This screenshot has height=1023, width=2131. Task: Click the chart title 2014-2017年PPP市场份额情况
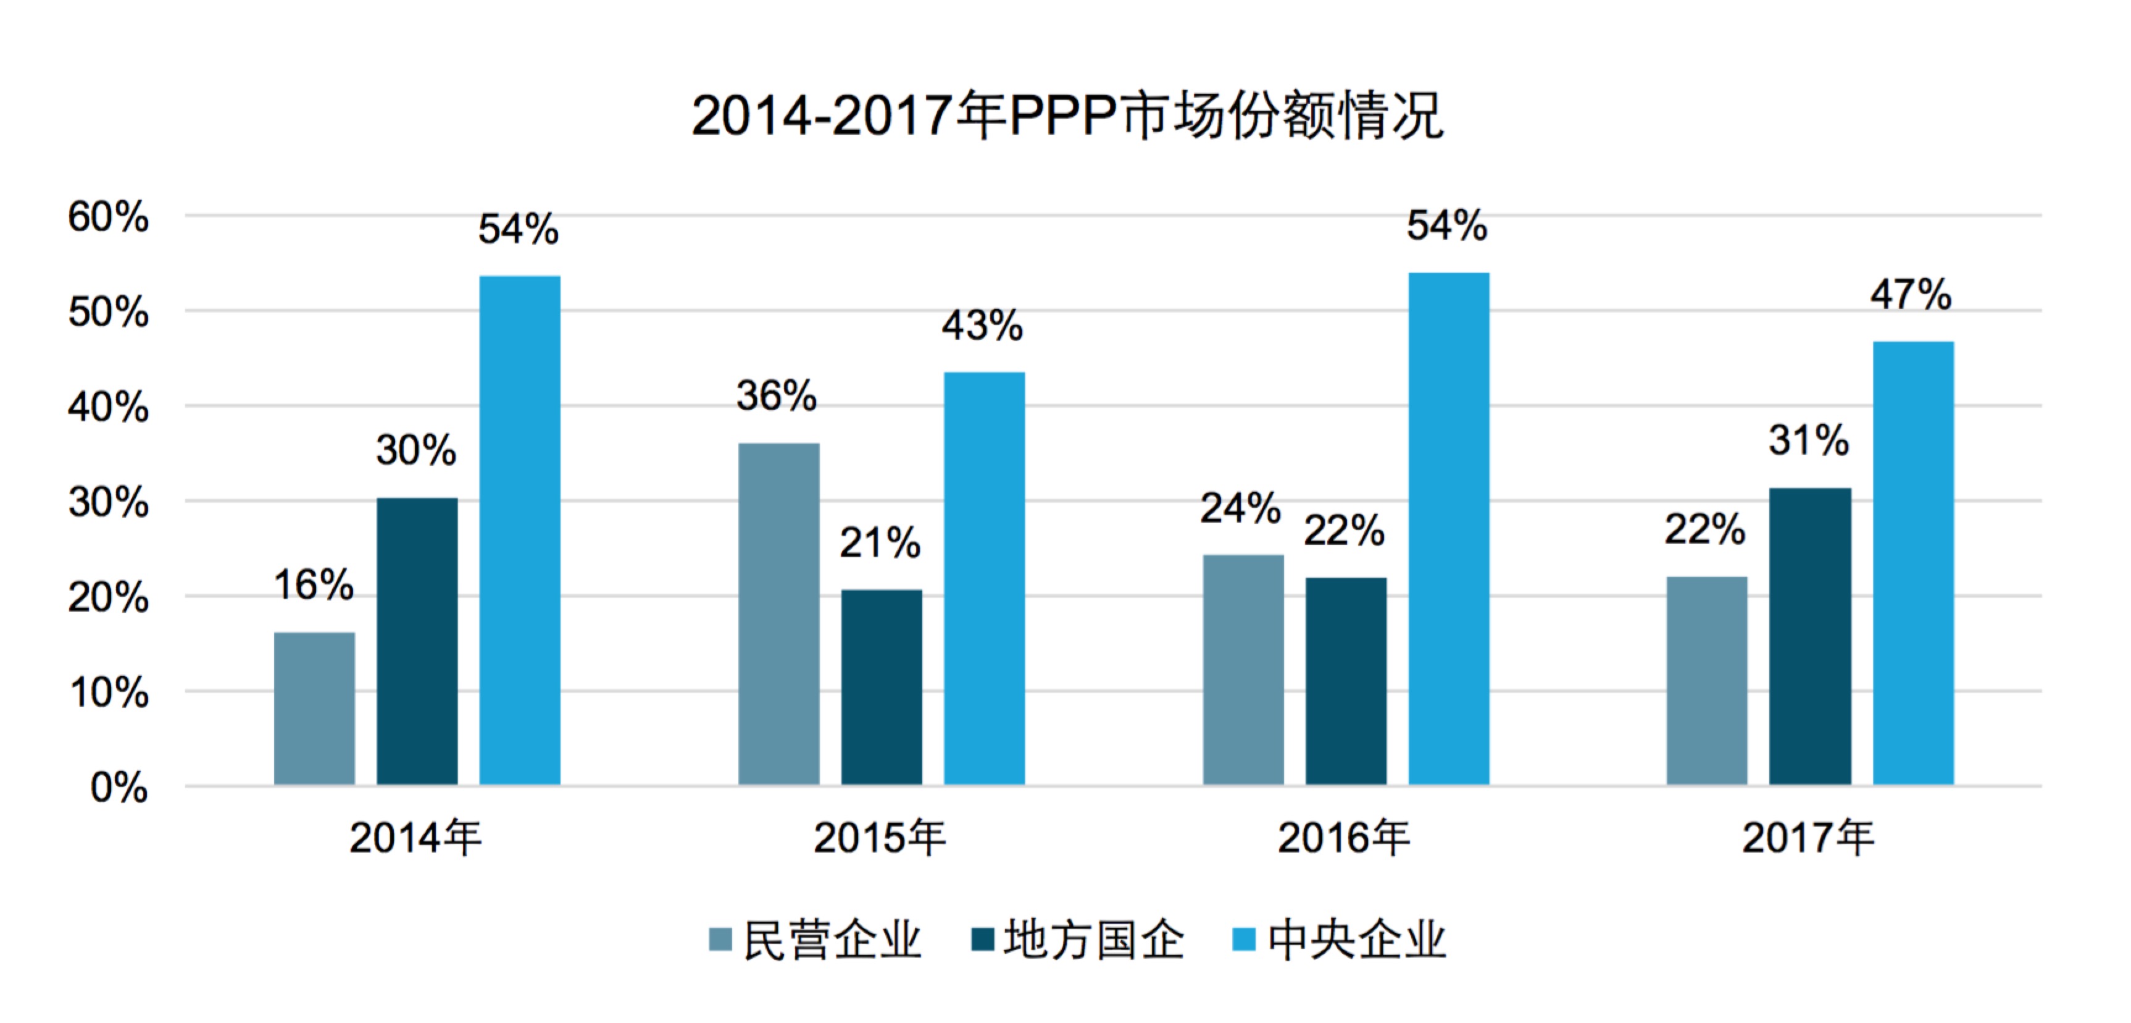(1067, 116)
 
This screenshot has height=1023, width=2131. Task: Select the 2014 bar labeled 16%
(314, 709)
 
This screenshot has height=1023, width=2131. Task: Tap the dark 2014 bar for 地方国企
(417, 641)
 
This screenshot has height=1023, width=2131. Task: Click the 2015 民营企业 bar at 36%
(778, 614)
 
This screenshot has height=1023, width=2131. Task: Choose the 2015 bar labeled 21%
(882, 687)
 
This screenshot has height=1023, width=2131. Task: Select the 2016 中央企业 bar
(1448, 529)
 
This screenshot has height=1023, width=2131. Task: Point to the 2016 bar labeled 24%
(1243, 670)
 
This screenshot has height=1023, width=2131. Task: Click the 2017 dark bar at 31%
(1810, 636)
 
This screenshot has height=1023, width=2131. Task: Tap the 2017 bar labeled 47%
(1914, 563)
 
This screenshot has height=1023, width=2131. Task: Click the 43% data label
(982, 326)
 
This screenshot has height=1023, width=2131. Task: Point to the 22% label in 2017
(1705, 529)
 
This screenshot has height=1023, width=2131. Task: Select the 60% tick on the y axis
(109, 217)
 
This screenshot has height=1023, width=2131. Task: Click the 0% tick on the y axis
(119, 787)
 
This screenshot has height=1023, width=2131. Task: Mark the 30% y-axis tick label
(109, 502)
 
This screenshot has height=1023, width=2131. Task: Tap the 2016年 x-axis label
(1343, 838)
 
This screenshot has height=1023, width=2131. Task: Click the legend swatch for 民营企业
(720, 940)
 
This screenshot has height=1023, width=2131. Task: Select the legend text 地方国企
(1094, 940)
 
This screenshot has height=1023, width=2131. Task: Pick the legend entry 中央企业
(1357, 940)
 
